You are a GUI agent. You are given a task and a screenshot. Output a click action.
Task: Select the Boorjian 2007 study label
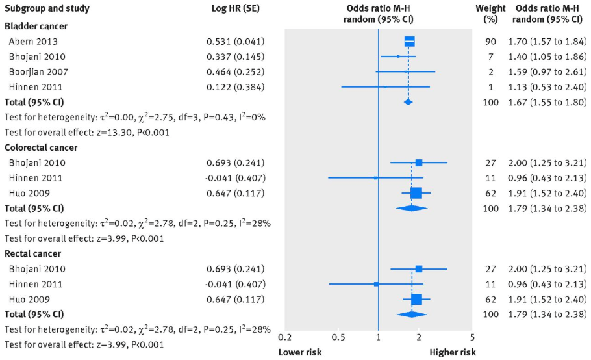[x=38, y=71]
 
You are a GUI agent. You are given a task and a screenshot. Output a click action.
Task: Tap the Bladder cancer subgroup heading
[x=36, y=26]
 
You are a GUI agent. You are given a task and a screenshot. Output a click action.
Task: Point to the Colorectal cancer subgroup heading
[x=42, y=148]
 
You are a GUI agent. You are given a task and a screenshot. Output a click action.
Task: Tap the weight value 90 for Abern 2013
[x=492, y=42]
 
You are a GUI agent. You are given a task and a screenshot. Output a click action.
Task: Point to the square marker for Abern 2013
[x=409, y=42]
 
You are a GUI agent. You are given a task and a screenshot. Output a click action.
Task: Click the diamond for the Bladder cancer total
[x=408, y=102]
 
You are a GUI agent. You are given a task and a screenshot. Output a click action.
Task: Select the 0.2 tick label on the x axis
[x=284, y=337]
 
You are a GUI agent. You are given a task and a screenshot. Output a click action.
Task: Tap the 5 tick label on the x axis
[x=472, y=337]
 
